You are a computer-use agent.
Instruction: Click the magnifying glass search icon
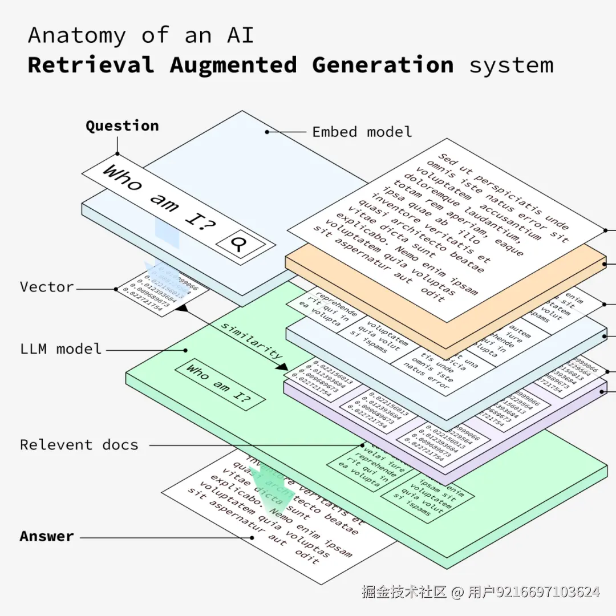click(240, 244)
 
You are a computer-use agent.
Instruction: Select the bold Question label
click(122, 126)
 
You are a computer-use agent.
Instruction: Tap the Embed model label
click(362, 132)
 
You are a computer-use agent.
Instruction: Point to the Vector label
click(47, 287)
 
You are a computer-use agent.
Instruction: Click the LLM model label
click(60, 348)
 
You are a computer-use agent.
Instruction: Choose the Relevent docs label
click(79, 445)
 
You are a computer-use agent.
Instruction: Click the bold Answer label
click(47, 537)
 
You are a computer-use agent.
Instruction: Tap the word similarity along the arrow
click(252, 341)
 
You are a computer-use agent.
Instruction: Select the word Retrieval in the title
click(91, 65)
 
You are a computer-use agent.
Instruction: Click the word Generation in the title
click(383, 65)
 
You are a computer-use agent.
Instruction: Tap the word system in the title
click(510, 65)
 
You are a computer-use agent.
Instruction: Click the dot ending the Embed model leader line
click(267, 132)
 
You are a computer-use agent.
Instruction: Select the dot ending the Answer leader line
click(252, 537)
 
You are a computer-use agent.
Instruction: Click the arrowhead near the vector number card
click(181, 308)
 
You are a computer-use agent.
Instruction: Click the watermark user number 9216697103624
click(548, 592)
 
